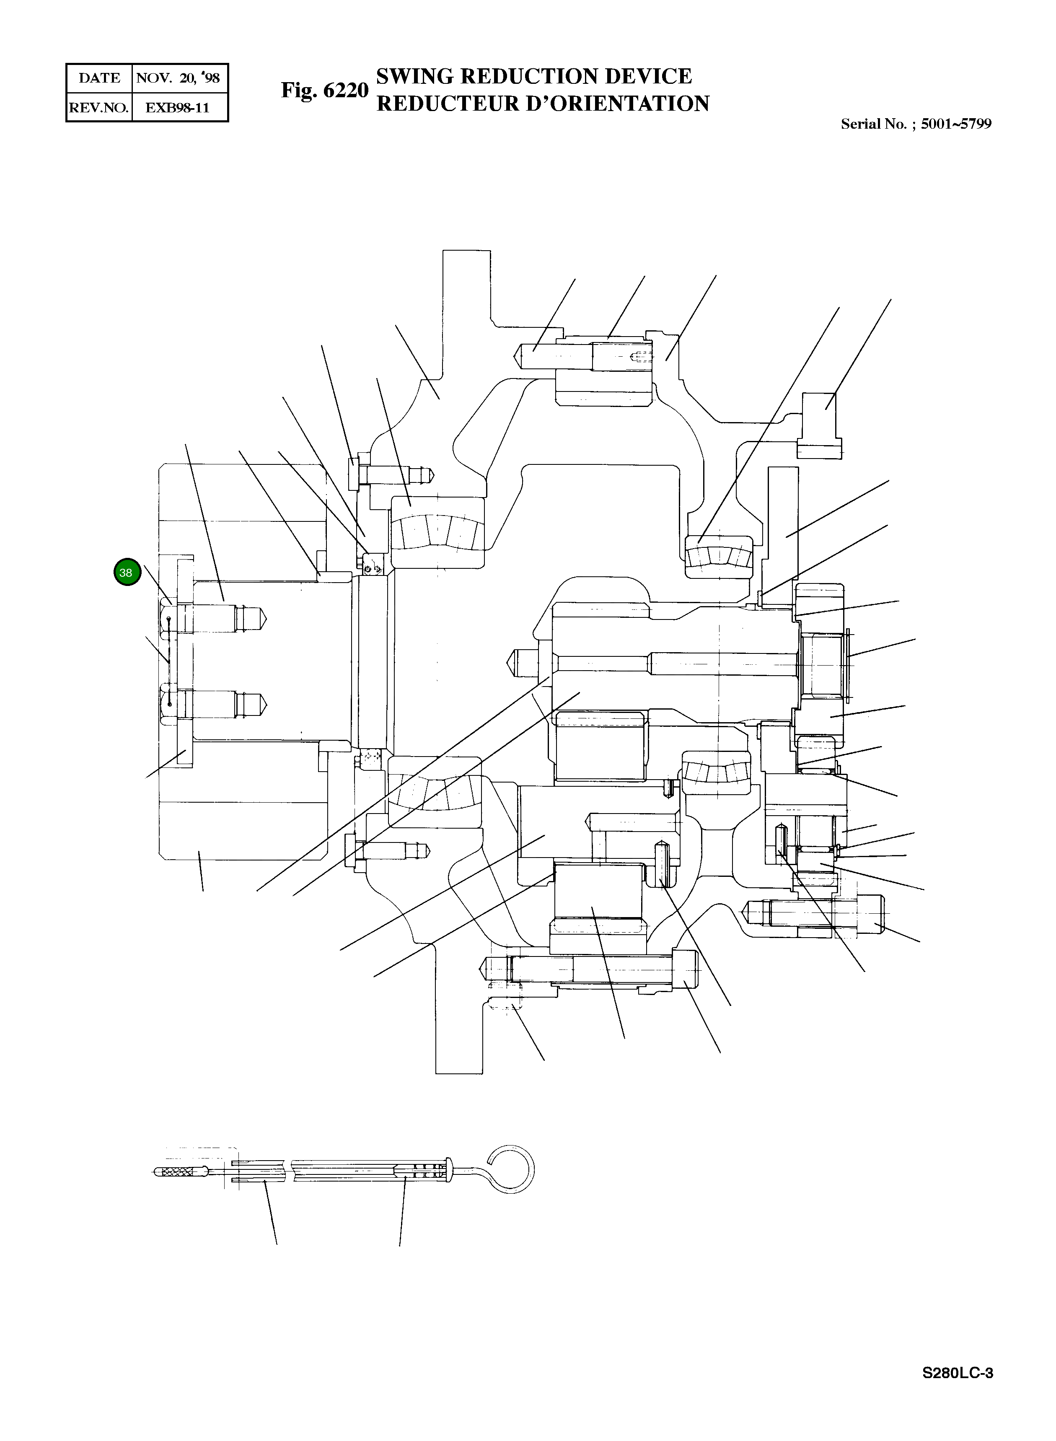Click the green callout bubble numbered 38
pyautogui.click(x=127, y=572)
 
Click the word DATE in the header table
pyautogui.click(x=99, y=78)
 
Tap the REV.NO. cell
pyautogui.click(x=98, y=107)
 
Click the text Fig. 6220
pyautogui.click(x=325, y=90)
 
